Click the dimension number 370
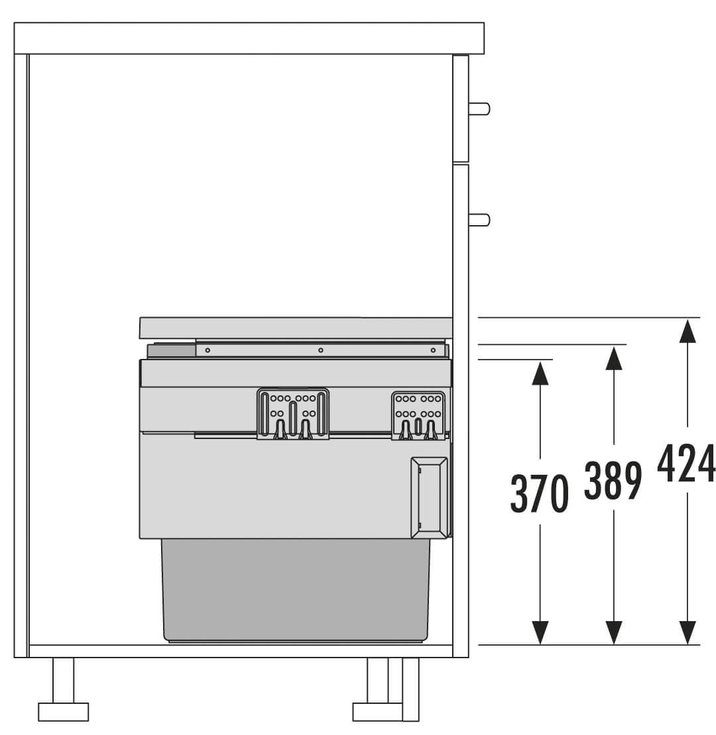tap(540, 493)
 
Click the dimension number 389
tap(613, 479)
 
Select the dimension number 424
tap(687, 463)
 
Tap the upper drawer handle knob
tap(479, 109)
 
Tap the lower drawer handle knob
tap(479, 219)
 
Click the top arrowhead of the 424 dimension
tap(687, 329)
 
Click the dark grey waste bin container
tap(296, 589)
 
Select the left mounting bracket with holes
tap(293, 414)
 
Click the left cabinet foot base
tap(63, 712)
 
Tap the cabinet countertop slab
tap(249, 38)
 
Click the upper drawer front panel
tap(461, 109)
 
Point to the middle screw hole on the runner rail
tap(320, 350)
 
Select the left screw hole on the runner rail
tap(208, 350)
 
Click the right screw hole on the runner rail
tap(433, 350)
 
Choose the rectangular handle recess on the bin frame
tap(428, 497)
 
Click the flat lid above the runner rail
tap(296, 328)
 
